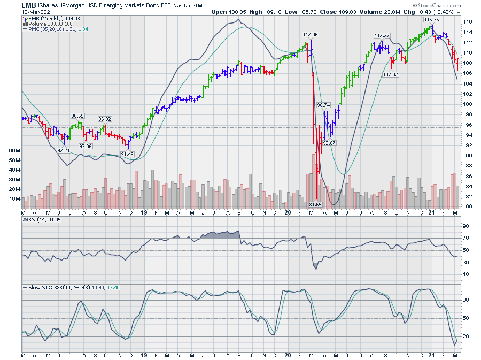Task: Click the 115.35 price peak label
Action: tap(432, 19)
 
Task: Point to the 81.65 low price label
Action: tap(316, 204)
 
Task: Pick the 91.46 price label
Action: tap(127, 154)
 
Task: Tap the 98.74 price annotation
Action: tap(324, 105)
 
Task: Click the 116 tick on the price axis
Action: tap(468, 22)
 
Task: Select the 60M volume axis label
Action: tap(14, 151)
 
